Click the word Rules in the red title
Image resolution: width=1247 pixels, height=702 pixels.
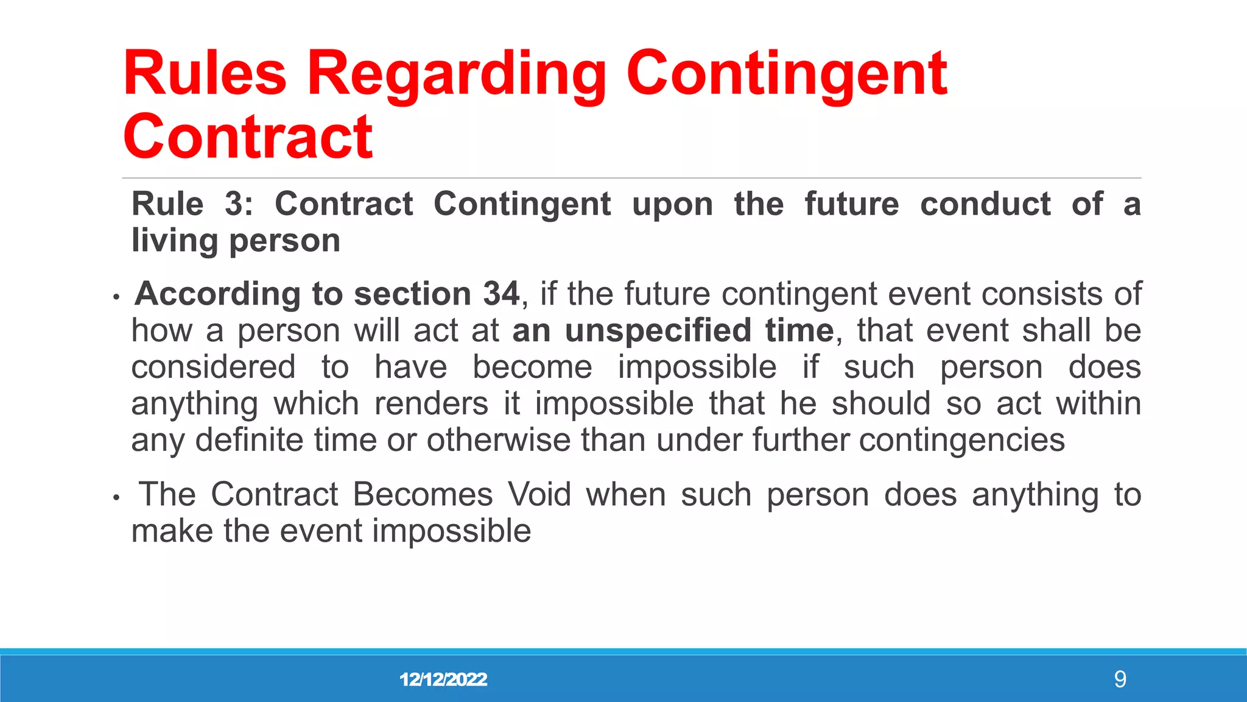click(x=205, y=74)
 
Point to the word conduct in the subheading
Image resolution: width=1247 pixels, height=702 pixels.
click(x=985, y=204)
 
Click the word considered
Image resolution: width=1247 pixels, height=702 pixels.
click(x=214, y=367)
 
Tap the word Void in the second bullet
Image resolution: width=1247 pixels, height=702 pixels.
click(x=539, y=494)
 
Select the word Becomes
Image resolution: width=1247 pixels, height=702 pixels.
click(x=423, y=494)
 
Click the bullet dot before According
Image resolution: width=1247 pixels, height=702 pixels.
click(x=116, y=298)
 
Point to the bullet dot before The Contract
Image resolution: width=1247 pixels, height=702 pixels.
click(x=116, y=498)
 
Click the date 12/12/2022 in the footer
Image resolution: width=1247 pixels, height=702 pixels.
click(x=443, y=679)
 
